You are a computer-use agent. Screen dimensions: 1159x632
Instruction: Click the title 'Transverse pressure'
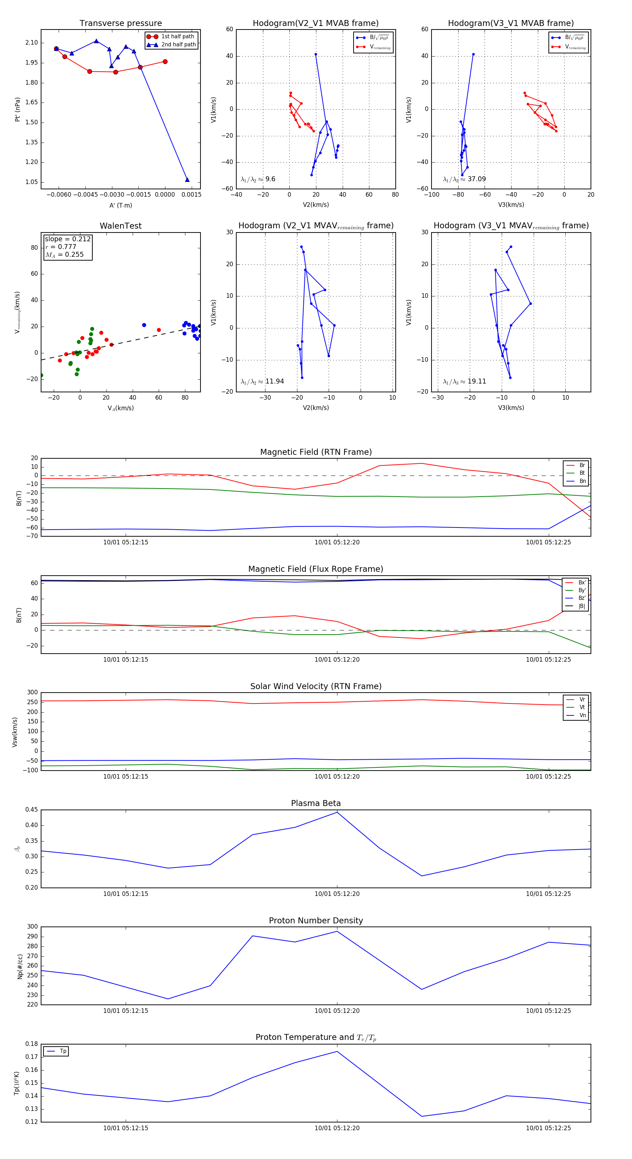tap(120, 24)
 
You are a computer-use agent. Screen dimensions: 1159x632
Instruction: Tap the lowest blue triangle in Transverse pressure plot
tap(187, 180)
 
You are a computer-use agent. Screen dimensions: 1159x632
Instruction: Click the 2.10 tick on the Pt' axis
tap(32, 43)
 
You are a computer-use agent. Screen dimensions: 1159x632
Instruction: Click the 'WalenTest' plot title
tap(120, 226)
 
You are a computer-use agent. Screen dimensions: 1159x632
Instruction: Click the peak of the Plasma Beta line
tap(337, 812)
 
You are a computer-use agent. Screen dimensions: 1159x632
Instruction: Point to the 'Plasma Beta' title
tap(316, 804)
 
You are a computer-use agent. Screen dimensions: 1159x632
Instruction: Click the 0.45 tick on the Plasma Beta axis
tap(32, 810)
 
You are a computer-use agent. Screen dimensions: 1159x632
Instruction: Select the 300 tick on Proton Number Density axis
tap(32, 927)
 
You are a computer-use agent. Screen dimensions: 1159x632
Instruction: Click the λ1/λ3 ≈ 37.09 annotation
tap(464, 179)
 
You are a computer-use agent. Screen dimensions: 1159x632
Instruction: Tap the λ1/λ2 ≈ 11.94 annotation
tap(262, 381)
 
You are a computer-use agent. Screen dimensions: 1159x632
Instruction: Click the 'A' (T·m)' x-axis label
tap(120, 205)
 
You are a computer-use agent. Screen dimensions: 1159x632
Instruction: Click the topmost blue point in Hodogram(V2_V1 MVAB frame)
tap(316, 54)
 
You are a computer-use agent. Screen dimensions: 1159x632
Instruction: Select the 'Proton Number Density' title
tap(316, 921)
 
